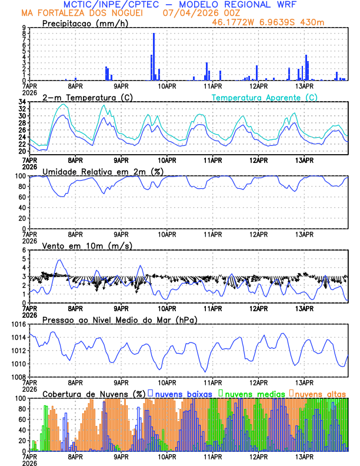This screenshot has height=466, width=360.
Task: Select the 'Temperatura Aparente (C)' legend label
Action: coord(264,97)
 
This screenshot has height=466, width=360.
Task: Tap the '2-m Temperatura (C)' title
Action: coord(82,97)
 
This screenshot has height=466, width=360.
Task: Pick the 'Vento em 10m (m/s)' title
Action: coord(87,245)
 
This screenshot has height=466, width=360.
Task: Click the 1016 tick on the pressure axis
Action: coord(18,324)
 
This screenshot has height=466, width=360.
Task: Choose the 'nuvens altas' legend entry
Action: coord(321,393)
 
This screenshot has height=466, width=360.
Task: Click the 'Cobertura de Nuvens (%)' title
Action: coord(94,393)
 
